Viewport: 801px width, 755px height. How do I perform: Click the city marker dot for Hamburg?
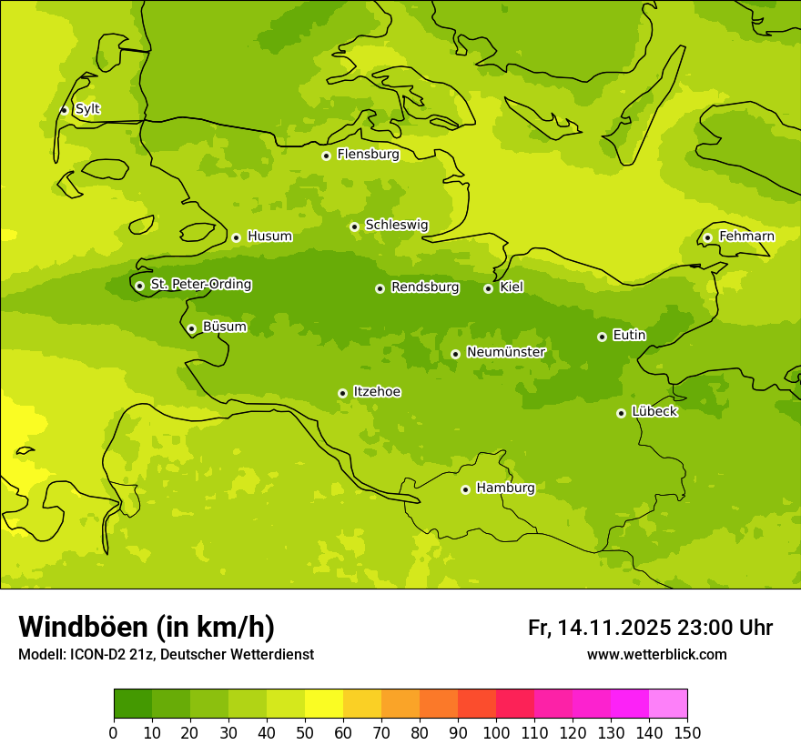(465, 489)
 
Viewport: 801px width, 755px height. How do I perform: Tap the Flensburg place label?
(368, 155)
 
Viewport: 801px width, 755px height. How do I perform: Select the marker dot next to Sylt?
(64, 110)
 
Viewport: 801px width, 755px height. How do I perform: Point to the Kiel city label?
(511, 287)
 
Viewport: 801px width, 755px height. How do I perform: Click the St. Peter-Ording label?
(200, 285)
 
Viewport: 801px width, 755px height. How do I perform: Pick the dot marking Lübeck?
(621, 413)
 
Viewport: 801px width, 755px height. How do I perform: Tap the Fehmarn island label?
(746, 237)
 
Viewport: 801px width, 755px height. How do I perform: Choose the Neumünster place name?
(505, 353)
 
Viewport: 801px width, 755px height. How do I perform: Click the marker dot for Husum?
(236, 237)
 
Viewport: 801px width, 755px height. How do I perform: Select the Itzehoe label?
(376, 392)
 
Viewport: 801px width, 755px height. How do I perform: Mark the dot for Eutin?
(602, 337)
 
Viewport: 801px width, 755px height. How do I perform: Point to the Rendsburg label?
(424, 287)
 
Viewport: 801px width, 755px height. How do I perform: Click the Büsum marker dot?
(191, 328)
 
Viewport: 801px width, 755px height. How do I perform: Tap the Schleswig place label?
(396, 226)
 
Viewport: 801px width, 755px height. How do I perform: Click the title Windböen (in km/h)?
(147, 627)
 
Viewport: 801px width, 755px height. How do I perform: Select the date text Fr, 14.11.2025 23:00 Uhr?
(650, 628)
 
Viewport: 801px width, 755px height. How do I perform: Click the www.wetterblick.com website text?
(656, 655)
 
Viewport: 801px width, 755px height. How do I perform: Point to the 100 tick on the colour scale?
(496, 731)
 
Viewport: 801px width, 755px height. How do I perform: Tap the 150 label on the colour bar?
(687, 731)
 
